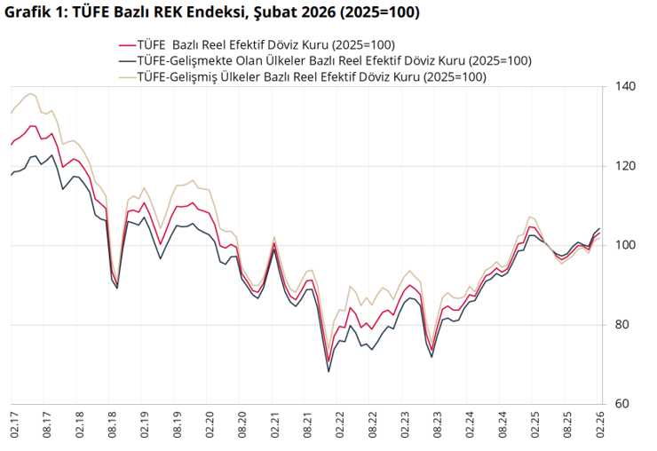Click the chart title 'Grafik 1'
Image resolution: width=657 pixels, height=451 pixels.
[x=36, y=13]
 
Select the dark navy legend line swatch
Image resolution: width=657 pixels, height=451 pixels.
[x=126, y=62]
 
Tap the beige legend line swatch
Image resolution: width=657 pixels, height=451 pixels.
[x=126, y=78]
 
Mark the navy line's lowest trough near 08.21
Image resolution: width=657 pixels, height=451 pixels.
[x=328, y=371]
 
